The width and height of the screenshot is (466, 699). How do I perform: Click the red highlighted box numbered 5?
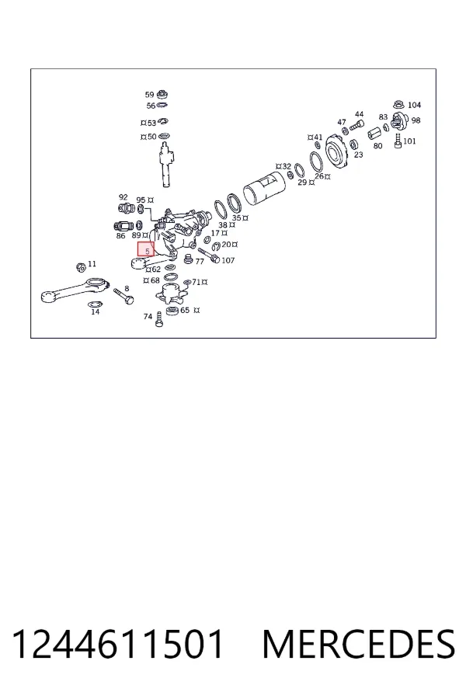tap(145, 249)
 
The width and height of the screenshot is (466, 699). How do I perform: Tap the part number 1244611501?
tap(118, 644)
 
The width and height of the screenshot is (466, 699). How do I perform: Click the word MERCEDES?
tap(359, 644)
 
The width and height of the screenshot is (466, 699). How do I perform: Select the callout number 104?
tap(414, 105)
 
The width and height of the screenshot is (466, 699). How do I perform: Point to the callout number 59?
tap(149, 95)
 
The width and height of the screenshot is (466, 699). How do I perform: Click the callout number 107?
tap(228, 260)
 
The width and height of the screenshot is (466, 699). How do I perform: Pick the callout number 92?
tap(123, 197)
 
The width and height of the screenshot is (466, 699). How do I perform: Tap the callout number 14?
tap(96, 311)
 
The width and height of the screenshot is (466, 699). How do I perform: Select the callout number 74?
tap(148, 317)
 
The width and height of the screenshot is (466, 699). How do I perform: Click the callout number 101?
tap(409, 141)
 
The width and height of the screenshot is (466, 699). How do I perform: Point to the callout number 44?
tap(359, 114)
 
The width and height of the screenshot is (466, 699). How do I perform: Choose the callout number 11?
tap(92, 264)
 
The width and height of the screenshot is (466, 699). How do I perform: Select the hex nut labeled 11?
tap(81, 267)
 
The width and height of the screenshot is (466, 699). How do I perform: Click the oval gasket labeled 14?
tap(95, 304)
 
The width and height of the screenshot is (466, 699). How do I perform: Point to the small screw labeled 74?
tap(159, 320)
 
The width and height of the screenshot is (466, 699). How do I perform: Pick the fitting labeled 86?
tap(124, 226)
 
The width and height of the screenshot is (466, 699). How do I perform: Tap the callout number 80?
tap(377, 146)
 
